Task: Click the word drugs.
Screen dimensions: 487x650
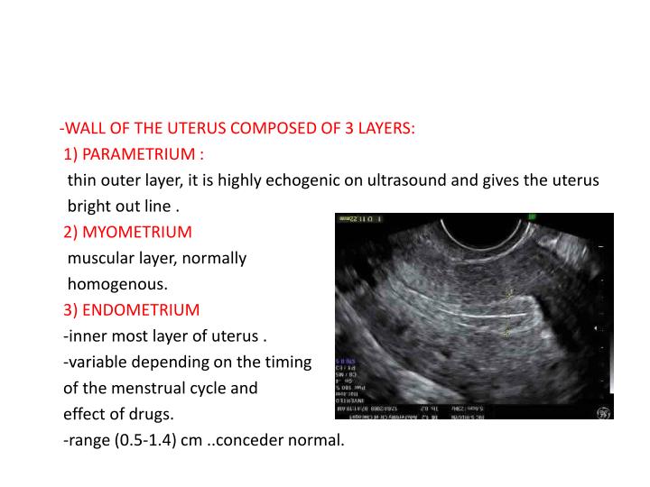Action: pos(152,415)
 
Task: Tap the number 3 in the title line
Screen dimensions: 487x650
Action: pos(348,127)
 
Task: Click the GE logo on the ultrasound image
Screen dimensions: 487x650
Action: pos(601,410)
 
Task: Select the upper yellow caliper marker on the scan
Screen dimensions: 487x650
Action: pos(508,293)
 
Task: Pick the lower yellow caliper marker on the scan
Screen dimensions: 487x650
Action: pos(506,331)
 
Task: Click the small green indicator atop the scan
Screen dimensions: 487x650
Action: pos(533,217)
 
